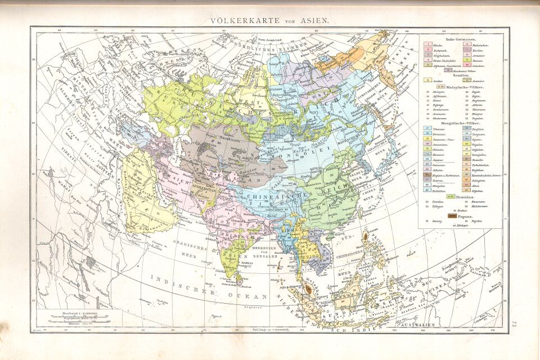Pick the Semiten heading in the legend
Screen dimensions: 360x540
point(461,76)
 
